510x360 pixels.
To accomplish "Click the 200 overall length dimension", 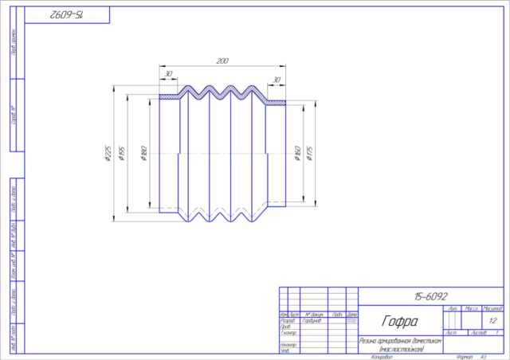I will click(x=222, y=61).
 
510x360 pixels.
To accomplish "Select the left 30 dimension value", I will click(x=168, y=74).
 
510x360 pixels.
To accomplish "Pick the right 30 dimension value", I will click(x=277, y=80).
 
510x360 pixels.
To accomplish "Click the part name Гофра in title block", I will click(x=400, y=322).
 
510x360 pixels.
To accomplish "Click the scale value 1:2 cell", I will click(x=492, y=320).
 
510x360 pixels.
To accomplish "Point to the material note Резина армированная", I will click(x=400, y=340).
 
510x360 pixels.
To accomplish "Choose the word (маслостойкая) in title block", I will click(x=400, y=348).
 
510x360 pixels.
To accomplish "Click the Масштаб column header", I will click(x=492, y=307).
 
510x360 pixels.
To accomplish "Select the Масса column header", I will click(x=471, y=307).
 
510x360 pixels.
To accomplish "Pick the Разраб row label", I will click(x=288, y=320).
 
